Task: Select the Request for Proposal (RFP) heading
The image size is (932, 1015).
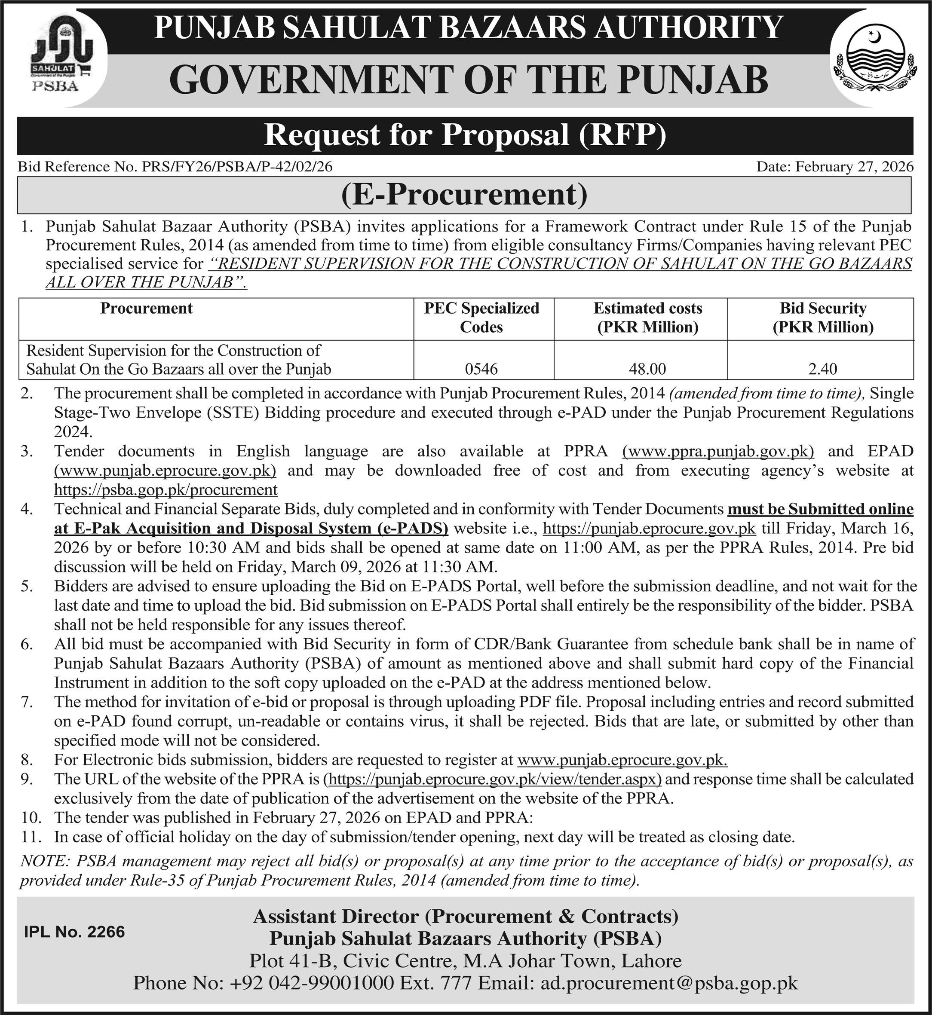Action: (x=465, y=135)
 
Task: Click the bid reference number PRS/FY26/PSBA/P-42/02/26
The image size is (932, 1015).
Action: (x=237, y=167)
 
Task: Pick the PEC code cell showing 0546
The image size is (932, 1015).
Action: (x=481, y=369)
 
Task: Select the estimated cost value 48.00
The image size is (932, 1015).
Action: (x=647, y=369)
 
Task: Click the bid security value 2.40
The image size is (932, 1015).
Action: (x=822, y=369)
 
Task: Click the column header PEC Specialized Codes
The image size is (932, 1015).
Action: (x=481, y=318)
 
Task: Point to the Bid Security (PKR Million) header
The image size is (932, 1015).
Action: (x=822, y=318)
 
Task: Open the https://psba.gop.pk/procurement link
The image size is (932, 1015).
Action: (x=166, y=489)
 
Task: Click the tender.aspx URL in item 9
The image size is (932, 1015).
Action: (x=493, y=779)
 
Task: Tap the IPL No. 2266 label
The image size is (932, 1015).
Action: (x=75, y=932)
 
